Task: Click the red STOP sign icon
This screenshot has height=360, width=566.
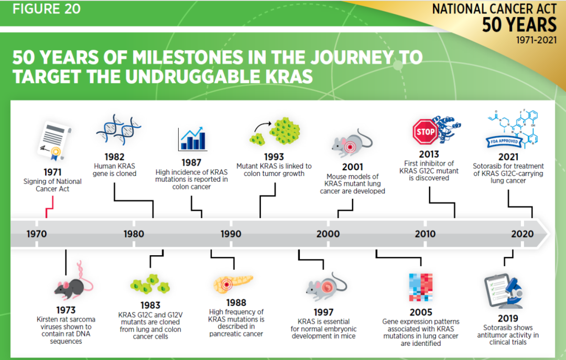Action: point(425,132)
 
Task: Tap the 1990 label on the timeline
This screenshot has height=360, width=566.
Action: point(231,234)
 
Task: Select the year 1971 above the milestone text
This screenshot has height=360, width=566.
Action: point(52,172)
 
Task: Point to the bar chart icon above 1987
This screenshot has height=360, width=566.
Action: point(193,139)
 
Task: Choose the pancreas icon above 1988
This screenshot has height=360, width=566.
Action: point(233,283)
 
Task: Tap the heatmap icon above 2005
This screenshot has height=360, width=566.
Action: point(421,287)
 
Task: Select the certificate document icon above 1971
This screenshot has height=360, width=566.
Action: point(54,141)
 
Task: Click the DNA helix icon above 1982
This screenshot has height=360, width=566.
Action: point(118,129)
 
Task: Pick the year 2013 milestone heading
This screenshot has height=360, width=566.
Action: point(429,155)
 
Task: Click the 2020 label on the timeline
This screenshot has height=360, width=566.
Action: point(522,234)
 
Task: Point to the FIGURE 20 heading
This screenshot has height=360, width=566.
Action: point(47,9)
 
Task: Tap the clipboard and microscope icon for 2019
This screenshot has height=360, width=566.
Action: point(504,291)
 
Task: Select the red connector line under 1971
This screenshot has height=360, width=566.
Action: point(49,208)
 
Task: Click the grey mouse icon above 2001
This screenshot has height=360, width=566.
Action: point(352,143)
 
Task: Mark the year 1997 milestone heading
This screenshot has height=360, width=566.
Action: point(323,312)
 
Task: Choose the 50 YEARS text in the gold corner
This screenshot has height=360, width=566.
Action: point(519,25)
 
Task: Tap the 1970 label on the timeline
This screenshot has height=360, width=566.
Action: point(37,234)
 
